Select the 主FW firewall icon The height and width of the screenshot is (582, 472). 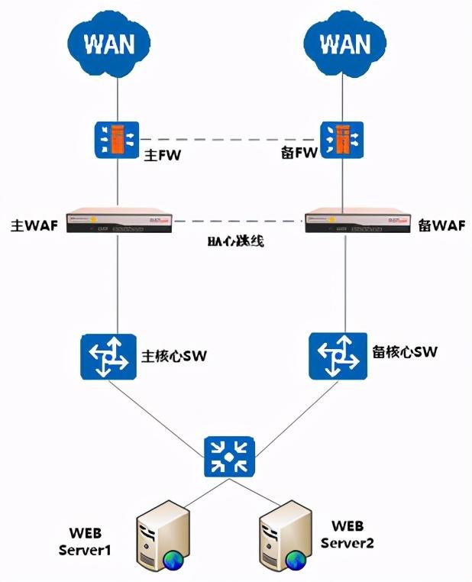(116, 137)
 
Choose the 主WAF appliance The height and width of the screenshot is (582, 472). (117, 221)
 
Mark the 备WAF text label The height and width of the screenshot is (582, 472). (440, 225)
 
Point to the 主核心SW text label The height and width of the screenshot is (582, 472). (176, 355)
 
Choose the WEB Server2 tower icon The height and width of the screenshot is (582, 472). (284, 539)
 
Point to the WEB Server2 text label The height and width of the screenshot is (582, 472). (351, 534)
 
